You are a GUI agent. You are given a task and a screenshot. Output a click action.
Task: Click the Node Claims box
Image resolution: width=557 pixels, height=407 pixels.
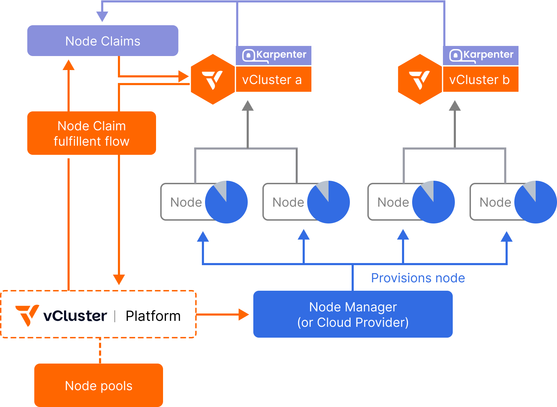(x=103, y=41)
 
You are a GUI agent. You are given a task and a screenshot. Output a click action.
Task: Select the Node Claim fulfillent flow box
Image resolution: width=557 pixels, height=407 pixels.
(x=92, y=133)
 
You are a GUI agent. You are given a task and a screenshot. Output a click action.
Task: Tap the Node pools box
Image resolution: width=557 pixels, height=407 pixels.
(x=99, y=385)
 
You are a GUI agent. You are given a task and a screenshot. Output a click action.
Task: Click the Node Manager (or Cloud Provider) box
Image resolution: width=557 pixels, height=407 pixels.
(x=353, y=314)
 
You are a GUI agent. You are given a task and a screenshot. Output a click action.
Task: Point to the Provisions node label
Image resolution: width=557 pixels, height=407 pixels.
(x=418, y=278)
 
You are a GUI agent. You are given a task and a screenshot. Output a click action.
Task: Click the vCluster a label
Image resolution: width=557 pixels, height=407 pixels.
(x=272, y=80)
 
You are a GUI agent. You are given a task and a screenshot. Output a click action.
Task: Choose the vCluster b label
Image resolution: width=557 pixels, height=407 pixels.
(x=480, y=80)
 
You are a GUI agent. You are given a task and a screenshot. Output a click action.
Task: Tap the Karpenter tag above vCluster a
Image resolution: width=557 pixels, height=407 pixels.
(x=274, y=55)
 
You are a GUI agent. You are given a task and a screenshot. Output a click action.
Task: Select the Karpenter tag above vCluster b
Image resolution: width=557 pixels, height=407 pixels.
(x=481, y=55)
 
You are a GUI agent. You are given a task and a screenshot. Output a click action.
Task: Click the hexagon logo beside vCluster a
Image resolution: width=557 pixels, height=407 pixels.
(x=213, y=79)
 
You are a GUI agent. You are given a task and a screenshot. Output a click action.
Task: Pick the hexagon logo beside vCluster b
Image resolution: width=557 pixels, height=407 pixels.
(x=420, y=79)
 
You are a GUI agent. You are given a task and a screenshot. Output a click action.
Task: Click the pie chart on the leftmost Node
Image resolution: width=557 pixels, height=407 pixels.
(x=226, y=202)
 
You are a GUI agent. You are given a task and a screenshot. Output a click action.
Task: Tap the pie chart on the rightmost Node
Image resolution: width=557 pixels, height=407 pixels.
(x=535, y=202)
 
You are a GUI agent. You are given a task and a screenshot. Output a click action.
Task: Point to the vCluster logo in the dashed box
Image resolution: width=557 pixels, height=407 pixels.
(x=62, y=315)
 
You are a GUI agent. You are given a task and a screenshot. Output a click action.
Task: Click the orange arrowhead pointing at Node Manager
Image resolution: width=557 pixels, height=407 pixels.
(x=244, y=315)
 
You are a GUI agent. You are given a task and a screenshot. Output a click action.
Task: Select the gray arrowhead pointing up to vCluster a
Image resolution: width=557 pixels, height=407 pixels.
(x=248, y=105)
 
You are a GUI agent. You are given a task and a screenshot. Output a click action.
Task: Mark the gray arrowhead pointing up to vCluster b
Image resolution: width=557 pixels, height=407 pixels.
(x=455, y=105)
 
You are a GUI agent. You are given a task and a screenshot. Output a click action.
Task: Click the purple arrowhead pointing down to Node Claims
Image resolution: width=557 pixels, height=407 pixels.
(x=102, y=16)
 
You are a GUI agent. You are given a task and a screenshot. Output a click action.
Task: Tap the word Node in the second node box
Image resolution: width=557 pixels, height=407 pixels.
(x=288, y=202)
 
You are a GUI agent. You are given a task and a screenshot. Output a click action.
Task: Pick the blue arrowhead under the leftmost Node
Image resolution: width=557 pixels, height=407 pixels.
(x=203, y=237)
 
